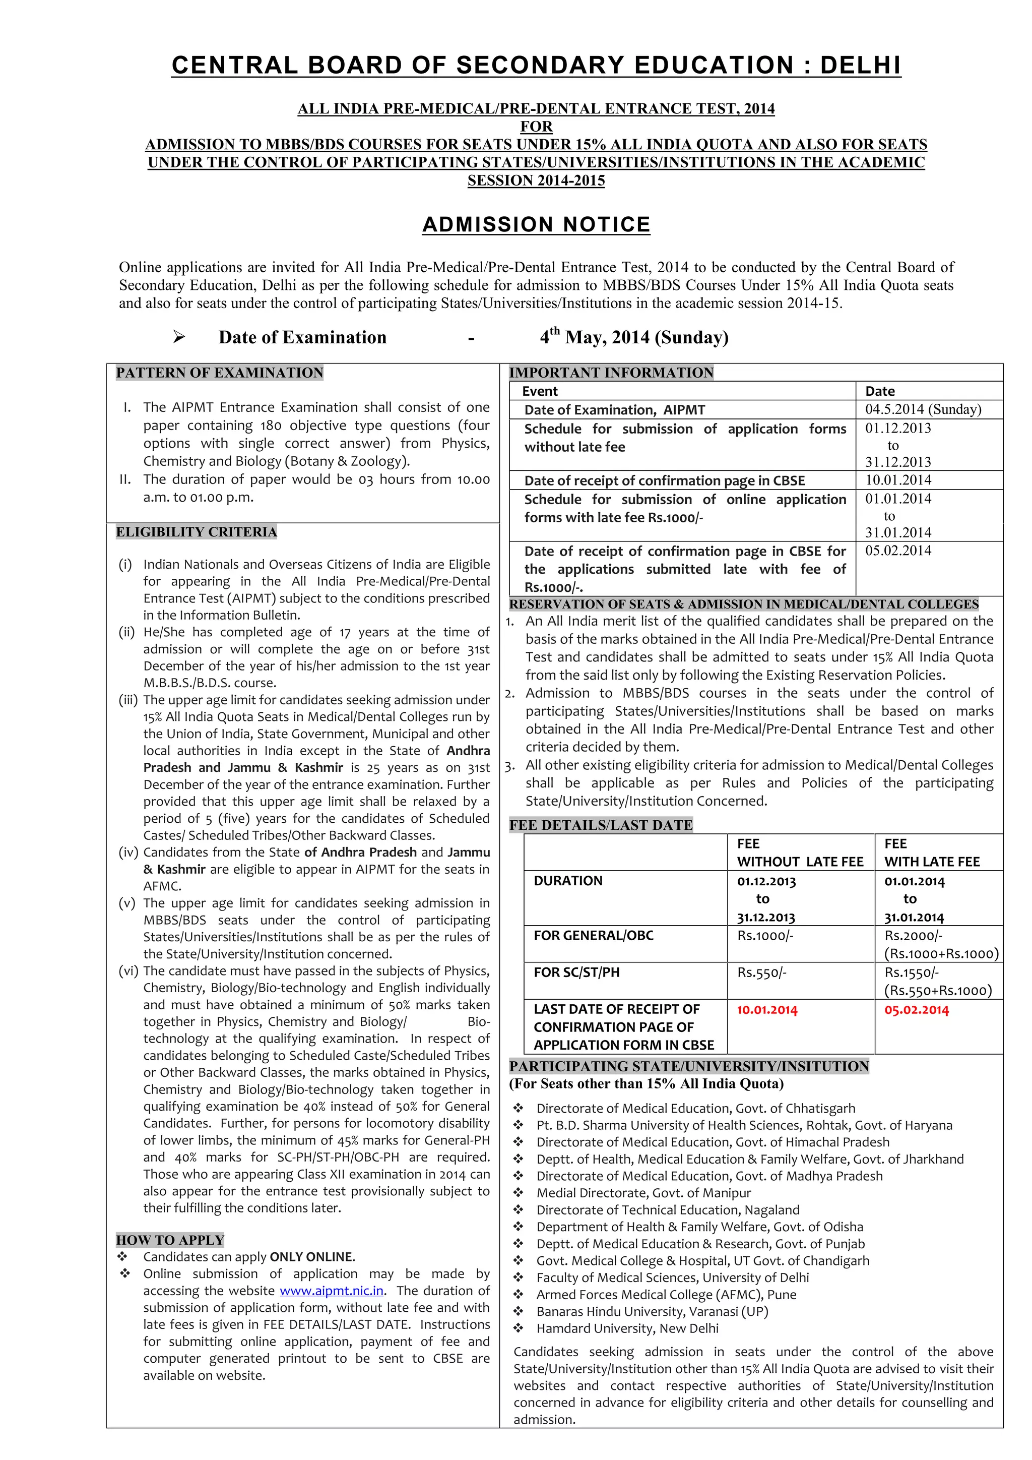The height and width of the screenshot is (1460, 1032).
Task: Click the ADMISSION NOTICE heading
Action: (x=536, y=224)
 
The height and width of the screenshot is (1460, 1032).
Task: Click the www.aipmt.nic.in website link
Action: (x=331, y=1291)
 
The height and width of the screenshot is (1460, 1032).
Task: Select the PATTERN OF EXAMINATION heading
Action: (x=219, y=373)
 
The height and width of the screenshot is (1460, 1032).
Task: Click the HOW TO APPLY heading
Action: (x=170, y=1240)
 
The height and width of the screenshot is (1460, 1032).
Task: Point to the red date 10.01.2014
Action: (x=766, y=1010)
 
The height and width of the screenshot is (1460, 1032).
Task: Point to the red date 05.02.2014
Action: (x=916, y=1010)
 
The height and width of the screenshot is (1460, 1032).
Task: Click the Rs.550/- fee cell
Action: (x=761, y=972)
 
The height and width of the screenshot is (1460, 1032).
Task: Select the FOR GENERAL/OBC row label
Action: (x=593, y=935)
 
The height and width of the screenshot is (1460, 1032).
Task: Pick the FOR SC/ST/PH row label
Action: (x=576, y=972)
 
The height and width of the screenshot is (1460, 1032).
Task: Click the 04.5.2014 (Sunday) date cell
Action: (x=923, y=409)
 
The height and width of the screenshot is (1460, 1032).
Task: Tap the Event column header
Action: (x=540, y=391)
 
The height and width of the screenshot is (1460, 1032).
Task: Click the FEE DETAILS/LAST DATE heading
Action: (x=601, y=825)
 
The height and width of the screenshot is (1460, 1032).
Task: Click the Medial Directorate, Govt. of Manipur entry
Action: (x=643, y=1193)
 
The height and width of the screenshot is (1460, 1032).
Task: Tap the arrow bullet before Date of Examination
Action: (x=178, y=337)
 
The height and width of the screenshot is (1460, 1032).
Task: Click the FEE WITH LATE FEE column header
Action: (x=932, y=853)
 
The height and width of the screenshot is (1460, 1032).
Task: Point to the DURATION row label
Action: (x=567, y=881)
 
